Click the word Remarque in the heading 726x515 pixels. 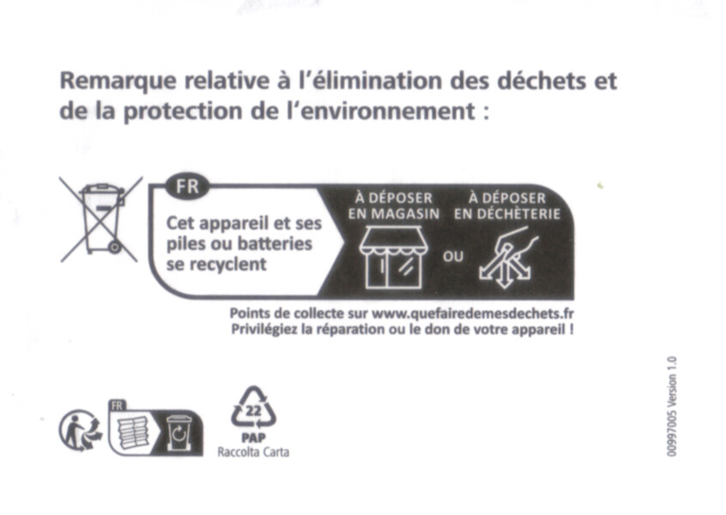tap(118, 82)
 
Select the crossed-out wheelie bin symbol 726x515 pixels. tap(101, 219)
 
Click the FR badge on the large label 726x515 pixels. tap(188, 186)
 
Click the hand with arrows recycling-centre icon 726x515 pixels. tap(507, 257)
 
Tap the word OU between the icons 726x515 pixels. tap(453, 256)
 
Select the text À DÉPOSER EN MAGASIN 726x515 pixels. tap(394, 206)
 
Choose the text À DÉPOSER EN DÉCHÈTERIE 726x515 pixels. tap(507, 206)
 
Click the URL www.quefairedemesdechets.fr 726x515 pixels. tap(473, 313)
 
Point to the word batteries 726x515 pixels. tap(275, 244)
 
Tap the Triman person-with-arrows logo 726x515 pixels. tap(81, 430)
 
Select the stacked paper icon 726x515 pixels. tap(133, 433)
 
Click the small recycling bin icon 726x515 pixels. tap(179, 433)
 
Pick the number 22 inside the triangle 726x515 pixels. tap(253, 411)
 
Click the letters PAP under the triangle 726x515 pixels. tap(254, 438)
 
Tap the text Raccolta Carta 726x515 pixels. tap(253, 452)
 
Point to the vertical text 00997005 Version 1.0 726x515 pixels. tap(672, 406)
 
